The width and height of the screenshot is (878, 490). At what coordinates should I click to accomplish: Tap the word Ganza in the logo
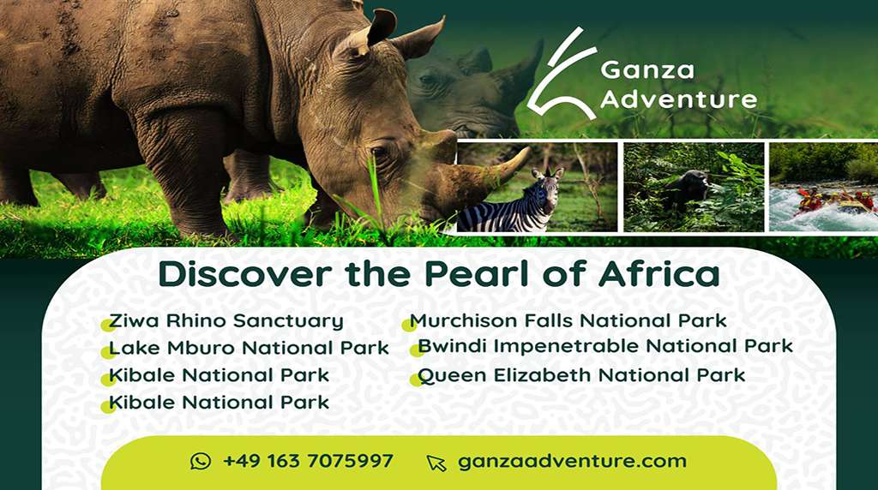(x=647, y=70)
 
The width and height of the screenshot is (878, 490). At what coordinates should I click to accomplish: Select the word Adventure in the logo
(x=679, y=99)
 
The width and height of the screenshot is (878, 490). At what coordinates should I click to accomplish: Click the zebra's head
(x=549, y=188)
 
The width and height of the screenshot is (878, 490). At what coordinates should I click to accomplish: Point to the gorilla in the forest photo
(x=685, y=189)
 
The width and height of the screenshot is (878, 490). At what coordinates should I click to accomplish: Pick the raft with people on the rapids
(x=834, y=202)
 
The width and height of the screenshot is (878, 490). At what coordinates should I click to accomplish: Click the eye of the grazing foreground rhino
(x=379, y=152)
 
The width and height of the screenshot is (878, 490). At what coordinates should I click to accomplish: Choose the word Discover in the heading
(x=245, y=274)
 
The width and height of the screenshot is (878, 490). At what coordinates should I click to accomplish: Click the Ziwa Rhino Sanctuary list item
(x=226, y=321)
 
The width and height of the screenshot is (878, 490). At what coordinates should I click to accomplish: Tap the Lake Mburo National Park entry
(x=249, y=349)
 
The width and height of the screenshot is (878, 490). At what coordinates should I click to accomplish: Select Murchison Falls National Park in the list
(x=568, y=321)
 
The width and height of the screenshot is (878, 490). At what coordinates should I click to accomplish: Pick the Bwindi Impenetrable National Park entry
(x=605, y=346)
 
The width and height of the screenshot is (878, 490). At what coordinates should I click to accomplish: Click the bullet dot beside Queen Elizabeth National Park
(x=416, y=380)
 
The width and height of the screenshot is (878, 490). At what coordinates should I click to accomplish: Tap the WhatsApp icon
(x=201, y=462)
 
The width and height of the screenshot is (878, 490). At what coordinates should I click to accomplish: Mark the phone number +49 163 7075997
(x=308, y=461)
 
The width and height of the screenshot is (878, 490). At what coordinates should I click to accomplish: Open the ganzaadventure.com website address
(x=572, y=461)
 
